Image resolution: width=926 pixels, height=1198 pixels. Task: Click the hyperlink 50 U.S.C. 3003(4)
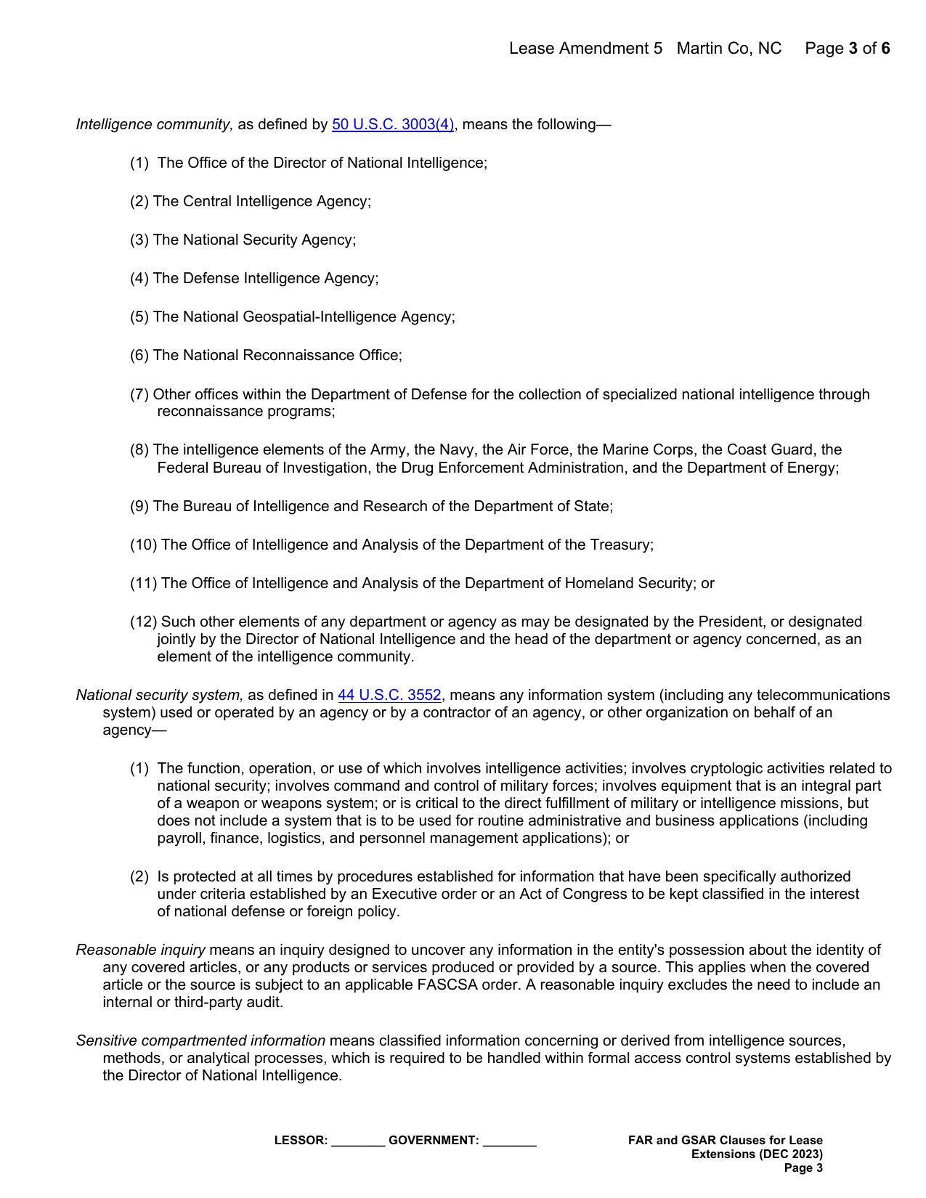(x=393, y=124)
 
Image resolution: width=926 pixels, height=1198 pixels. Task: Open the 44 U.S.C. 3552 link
(x=389, y=695)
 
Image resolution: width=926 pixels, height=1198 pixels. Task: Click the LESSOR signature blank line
(x=358, y=1141)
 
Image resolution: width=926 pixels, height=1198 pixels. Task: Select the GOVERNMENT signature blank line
(x=509, y=1141)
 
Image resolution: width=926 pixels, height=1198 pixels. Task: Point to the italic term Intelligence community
(x=155, y=124)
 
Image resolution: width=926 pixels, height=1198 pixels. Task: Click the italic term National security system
(x=160, y=695)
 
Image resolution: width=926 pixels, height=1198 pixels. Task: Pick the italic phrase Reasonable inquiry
(x=141, y=950)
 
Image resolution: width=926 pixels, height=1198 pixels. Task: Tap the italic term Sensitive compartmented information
(x=200, y=1040)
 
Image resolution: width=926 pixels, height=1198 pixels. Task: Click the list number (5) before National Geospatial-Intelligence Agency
(x=139, y=317)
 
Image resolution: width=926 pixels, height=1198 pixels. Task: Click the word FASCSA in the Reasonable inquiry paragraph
(x=447, y=985)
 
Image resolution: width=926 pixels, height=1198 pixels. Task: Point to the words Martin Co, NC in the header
(x=728, y=49)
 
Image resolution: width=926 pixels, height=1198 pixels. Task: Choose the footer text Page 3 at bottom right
(x=803, y=1168)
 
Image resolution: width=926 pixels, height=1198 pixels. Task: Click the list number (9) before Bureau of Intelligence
(x=139, y=506)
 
